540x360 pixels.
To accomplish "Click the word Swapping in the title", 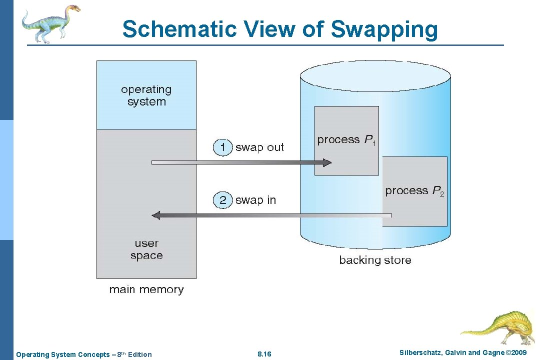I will (x=384, y=29).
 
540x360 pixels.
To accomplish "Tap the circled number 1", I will (x=222, y=147).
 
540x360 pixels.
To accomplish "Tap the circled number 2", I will (x=222, y=200).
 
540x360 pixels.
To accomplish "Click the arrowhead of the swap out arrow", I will (x=327, y=162).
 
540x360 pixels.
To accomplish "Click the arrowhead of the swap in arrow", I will (x=156, y=215).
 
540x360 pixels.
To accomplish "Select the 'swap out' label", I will (x=259, y=147).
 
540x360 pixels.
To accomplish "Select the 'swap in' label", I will (x=255, y=200).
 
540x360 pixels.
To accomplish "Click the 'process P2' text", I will (x=414, y=191).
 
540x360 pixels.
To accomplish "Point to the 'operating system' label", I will (x=146, y=95).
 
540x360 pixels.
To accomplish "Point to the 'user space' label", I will (x=146, y=249).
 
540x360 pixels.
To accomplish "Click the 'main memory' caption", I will (x=146, y=289).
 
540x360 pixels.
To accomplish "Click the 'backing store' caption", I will (x=375, y=260).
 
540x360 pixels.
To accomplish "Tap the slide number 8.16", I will (x=264, y=354).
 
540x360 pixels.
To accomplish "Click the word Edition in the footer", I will (x=139, y=354).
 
